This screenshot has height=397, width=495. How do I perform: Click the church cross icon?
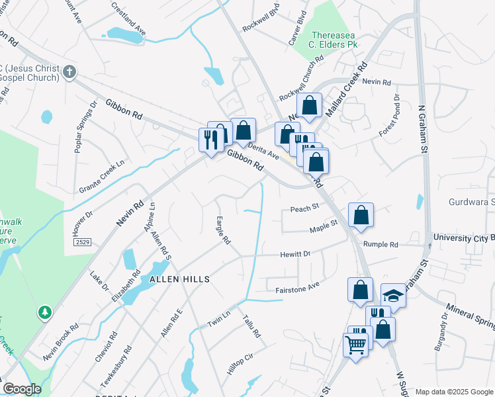[x=68, y=71]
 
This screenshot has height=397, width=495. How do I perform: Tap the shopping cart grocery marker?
[x=355, y=344]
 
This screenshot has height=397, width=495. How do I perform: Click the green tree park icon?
[x=45, y=311]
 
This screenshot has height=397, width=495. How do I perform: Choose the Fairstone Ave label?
[x=297, y=287]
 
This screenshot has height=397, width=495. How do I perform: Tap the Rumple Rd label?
[x=384, y=244]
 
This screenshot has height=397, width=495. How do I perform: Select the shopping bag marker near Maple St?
[x=361, y=216]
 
